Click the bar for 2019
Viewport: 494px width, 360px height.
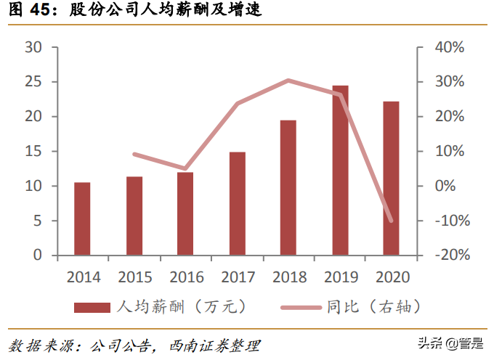pyautogui.click(x=340, y=171)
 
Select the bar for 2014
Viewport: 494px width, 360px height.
pyautogui.click(x=82, y=218)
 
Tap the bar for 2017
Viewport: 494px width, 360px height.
pyautogui.click(x=237, y=203)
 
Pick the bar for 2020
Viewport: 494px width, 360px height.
pyautogui.click(x=391, y=179)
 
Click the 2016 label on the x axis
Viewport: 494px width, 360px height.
pyautogui.click(x=186, y=277)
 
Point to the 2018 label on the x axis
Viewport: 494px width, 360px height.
pyautogui.click(x=289, y=277)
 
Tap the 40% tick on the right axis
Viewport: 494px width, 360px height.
pyautogui.click(x=449, y=47)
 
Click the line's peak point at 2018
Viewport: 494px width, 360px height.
pyautogui.click(x=288, y=80)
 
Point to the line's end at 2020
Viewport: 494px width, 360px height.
pyautogui.click(x=391, y=221)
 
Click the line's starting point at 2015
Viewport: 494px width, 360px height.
pyautogui.click(x=134, y=154)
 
